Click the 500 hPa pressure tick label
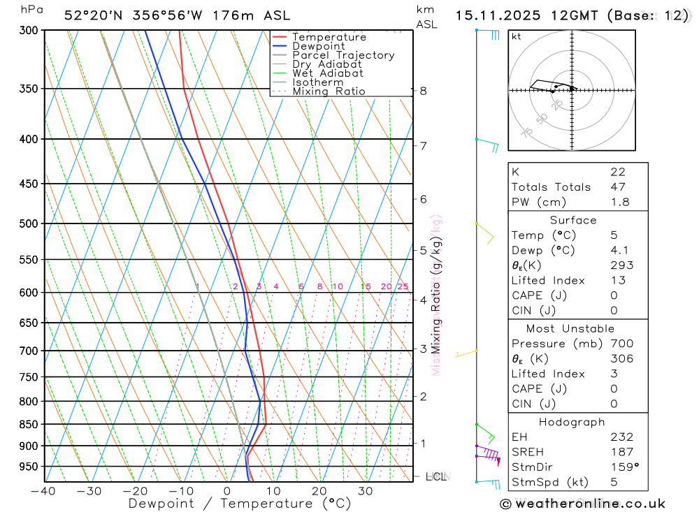click(28, 224)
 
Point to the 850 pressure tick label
click(28, 425)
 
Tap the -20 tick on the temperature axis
click(135, 491)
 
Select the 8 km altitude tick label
click(423, 91)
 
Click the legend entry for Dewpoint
click(318, 46)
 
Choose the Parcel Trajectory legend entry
click(343, 55)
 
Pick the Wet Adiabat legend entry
click(328, 73)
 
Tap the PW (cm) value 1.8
click(620, 202)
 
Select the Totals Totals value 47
click(617, 186)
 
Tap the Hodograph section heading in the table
click(572, 422)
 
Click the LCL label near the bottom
click(435, 476)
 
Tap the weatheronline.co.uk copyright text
click(583, 504)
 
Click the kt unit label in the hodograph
click(517, 36)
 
